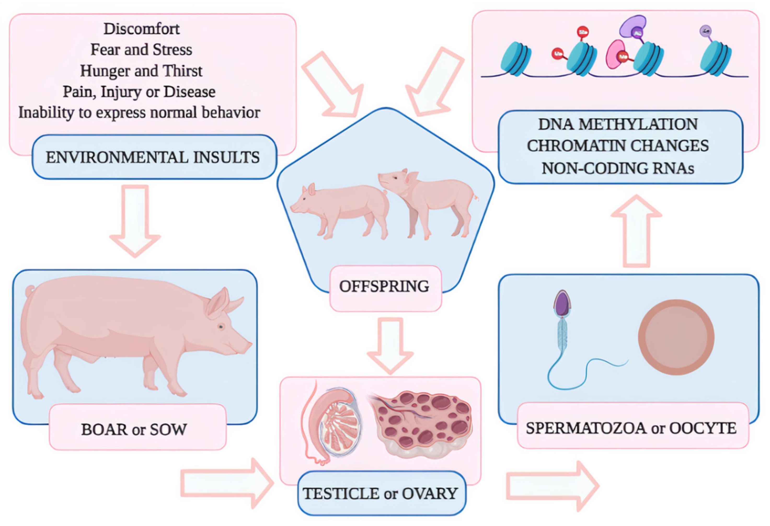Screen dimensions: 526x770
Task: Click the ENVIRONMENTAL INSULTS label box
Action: coord(154,157)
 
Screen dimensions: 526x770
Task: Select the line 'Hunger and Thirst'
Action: coord(141,71)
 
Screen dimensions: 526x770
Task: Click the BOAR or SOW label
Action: coord(134,430)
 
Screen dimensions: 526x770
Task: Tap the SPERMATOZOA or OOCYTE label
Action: coord(631,428)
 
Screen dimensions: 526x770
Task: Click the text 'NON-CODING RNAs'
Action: coord(618,168)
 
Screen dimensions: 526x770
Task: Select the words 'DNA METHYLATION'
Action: coord(618,124)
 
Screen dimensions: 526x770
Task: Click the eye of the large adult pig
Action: coord(221,327)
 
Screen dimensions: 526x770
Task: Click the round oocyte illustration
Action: coord(676,337)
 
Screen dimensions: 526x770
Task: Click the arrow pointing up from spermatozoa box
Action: coord(636,232)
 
